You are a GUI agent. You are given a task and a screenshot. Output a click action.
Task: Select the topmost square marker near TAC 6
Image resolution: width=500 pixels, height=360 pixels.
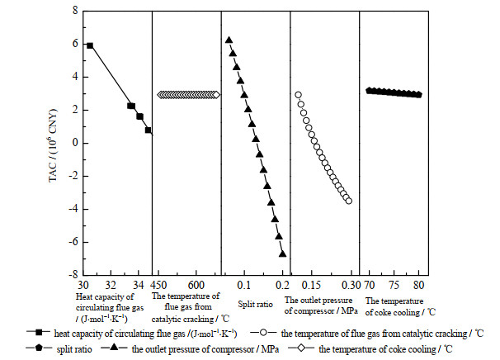coord(90,45)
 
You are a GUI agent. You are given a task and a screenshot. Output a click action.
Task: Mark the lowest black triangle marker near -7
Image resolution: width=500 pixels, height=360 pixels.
coord(282,253)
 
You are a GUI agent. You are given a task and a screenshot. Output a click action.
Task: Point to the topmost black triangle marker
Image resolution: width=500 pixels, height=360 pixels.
coord(229,40)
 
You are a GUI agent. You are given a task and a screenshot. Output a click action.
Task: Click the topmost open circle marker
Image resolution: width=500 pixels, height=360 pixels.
coord(298,95)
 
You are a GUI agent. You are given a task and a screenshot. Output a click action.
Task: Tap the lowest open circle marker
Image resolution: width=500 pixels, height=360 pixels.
coord(348,201)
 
